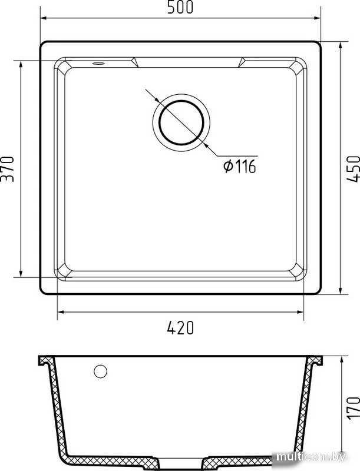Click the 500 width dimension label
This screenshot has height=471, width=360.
[x=180, y=8]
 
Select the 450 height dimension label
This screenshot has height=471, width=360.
[x=353, y=168]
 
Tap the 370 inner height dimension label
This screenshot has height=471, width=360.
[x=7, y=168]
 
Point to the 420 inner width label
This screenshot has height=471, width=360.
[x=180, y=328]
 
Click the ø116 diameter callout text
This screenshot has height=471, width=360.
[x=240, y=166]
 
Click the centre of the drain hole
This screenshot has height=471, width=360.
[x=181, y=122]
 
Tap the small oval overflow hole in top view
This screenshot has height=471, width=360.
[x=98, y=63]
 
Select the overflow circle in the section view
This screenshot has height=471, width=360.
[x=100, y=372]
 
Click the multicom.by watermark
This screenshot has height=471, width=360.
[x=311, y=457]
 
